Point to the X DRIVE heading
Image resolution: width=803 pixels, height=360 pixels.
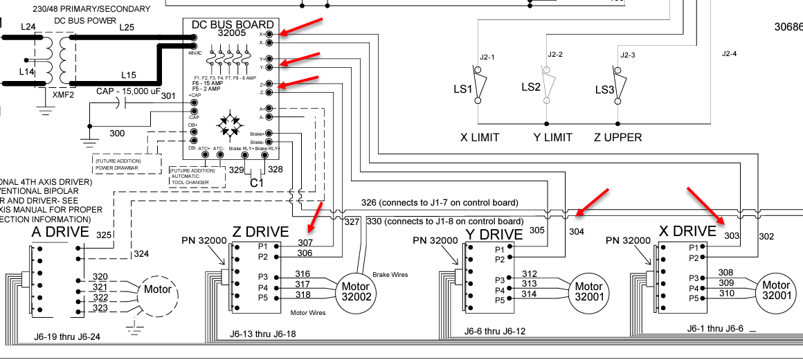click(x=686, y=231)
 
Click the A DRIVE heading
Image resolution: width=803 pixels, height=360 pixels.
click(x=60, y=232)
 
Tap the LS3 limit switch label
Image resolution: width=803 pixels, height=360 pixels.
click(x=605, y=90)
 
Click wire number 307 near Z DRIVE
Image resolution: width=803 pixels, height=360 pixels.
click(x=305, y=243)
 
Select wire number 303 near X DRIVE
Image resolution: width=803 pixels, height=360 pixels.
click(x=732, y=236)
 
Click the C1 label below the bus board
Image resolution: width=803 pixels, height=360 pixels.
click(x=257, y=182)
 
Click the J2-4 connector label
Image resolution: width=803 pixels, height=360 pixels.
click(x=730, y=53)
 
